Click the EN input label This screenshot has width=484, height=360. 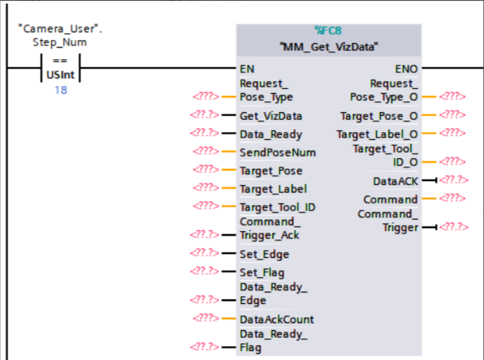pyautogui.click(x=247, y=68)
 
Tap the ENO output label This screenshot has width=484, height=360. pyautogui.click(x=407, y=68)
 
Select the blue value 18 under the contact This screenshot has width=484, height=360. pyautogui.click(x=59, y=91)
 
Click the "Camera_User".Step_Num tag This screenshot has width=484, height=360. pyautogui.click(x=59, y=35)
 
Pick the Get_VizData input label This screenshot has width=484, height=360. pyautogui.click(x=271, y=116)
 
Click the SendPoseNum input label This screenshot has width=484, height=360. pyautogui.click(x=278, y=152)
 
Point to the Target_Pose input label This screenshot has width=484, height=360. pyautogui.click(x=271, y=170)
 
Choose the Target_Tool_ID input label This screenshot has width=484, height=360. pyautogui.click(x=278, y=206)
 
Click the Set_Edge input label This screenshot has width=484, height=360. pyautogui.click(x=265, y=254)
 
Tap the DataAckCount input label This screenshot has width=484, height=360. pyautogui.click(x=277, y=319)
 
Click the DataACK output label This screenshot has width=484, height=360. pyautogui.click(x=395, y=181)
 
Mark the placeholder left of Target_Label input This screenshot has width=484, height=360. pyautogui.click(x=207, y=188)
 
